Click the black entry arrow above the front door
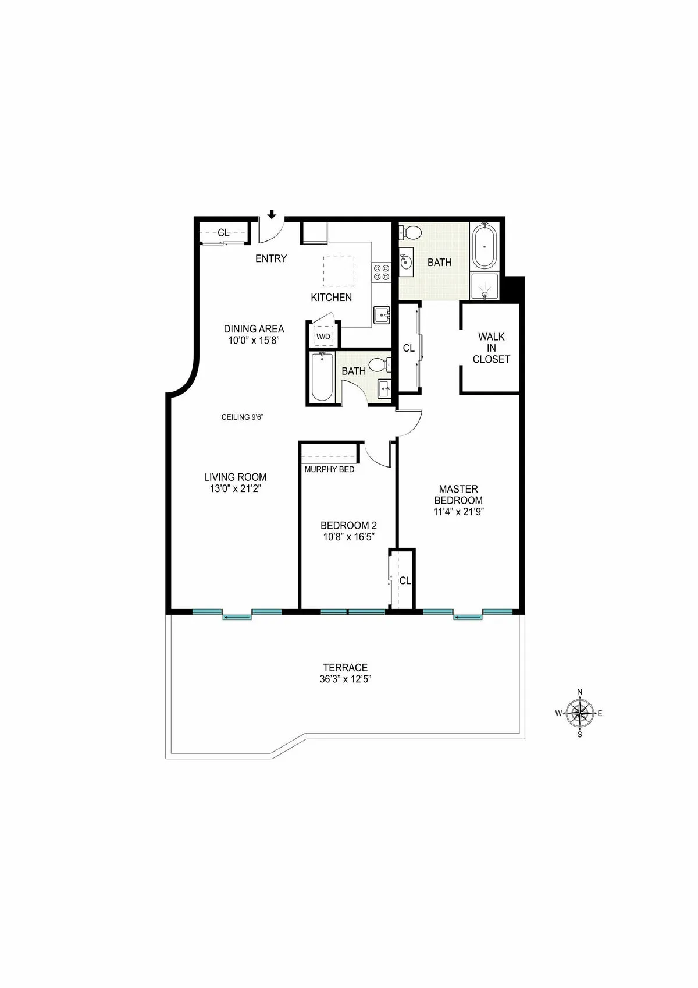coord(272,215)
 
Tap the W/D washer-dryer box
coord(323,337)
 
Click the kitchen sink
coord(382,315)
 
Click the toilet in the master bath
coord(411,233)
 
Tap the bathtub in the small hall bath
coord(321,377)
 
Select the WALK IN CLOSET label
coord(491,348)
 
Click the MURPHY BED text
coord(329,469)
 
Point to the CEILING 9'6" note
coord(243,417)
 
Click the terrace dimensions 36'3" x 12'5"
coord(346,679)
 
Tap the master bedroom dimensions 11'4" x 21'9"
coord(458,512)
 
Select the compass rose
coord(579,713)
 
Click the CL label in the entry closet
coord(223,233)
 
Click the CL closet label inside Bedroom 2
coord(405,580)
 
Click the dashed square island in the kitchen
coord(339,271)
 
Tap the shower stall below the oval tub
coord(485,286)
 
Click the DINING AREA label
coord(254,329)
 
